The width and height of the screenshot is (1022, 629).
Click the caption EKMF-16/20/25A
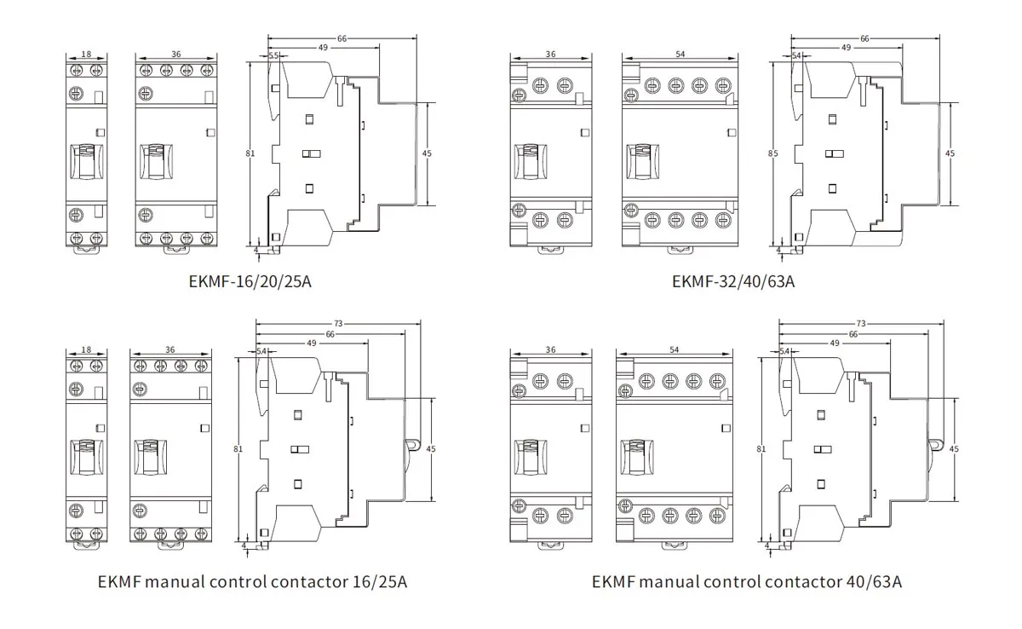coord(250,280)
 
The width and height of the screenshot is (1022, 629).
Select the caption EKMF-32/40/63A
coord(732,280)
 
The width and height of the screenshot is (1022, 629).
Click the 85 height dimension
coord(772,154)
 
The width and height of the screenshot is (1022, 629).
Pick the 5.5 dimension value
coord(273,55)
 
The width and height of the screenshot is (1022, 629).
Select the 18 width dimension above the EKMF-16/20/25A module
coord(86,54)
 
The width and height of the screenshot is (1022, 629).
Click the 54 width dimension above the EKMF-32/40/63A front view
coord(680,54)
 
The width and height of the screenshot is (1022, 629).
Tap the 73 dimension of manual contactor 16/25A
coord(338,323)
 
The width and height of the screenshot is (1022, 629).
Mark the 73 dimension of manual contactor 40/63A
coord(860,323)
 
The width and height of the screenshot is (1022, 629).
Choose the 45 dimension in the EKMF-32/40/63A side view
coord(950,153)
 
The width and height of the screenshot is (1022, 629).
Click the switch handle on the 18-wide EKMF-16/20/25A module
coord(86,162)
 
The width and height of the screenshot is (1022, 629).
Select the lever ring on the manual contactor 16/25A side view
coord(413,445)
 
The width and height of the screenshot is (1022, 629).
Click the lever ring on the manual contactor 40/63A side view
coord(936,445)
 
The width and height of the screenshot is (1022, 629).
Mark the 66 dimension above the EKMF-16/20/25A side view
coord(342,38)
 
